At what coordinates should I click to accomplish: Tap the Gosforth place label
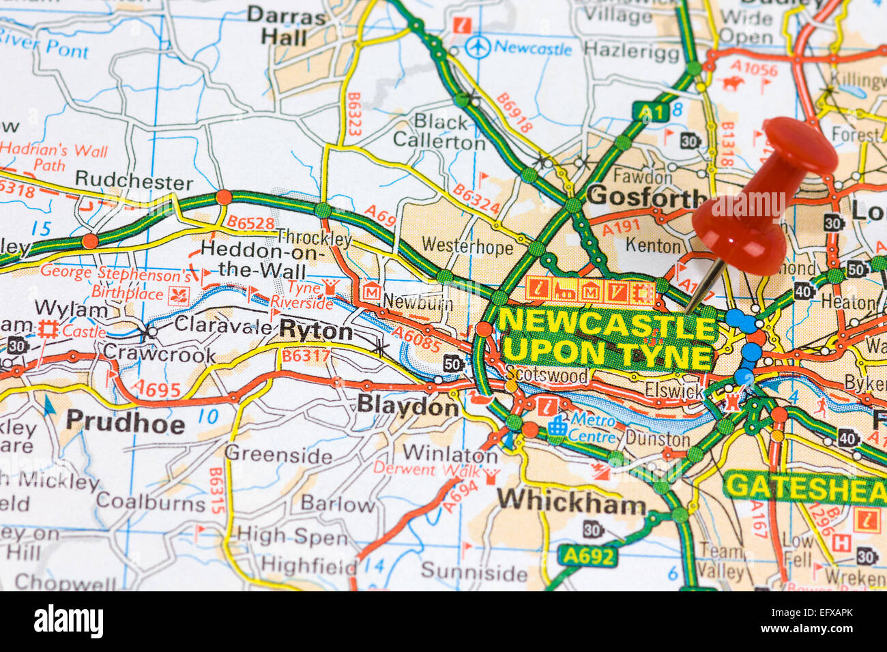pos(645,196)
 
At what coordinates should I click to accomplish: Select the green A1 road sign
pos(649,111)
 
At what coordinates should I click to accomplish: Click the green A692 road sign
pos(588,556)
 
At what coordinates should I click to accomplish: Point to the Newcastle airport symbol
pos(478,47)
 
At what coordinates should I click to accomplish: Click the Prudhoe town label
pos(126,423)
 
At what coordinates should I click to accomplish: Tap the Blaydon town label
pos(408,406)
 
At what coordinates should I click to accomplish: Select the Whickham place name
pos(570,503)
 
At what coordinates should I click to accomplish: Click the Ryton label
pos(316,331)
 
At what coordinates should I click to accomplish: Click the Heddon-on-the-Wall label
pos(252,258)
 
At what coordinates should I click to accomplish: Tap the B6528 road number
pos(250,223)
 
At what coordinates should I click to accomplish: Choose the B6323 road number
pos(353,114)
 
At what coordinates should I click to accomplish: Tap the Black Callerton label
pos(439,132)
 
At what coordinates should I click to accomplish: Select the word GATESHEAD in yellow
pos(805,487)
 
